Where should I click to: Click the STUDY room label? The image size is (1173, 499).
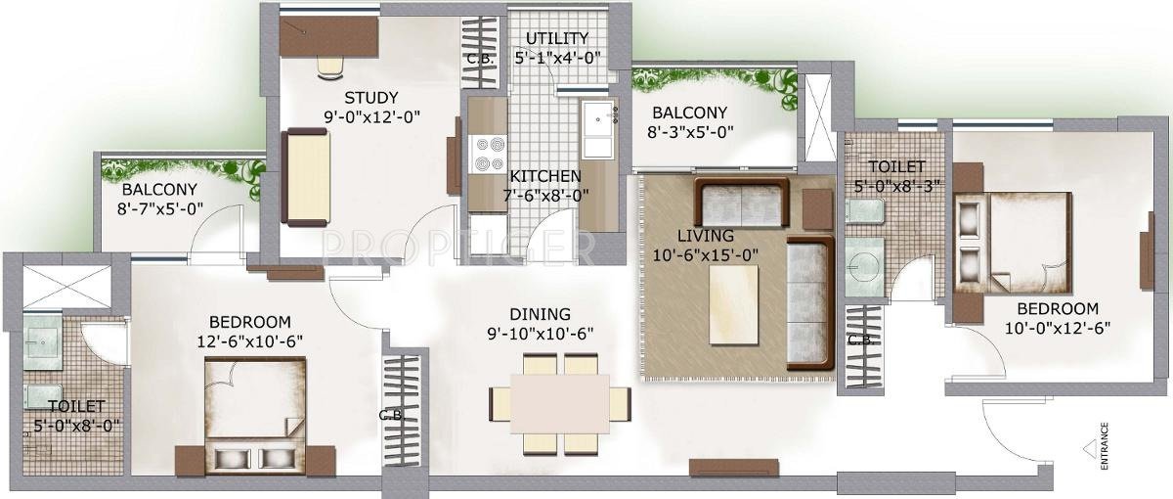pyautogui.click(x=371, y=97)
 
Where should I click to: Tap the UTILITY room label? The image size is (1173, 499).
pyautogui.click(x=556, y=38)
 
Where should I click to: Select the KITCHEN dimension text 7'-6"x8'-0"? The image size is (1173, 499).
pyautogui.click(x=546, y=195)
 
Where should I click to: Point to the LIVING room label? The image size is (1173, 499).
pyautogui.click(x=707, y=235)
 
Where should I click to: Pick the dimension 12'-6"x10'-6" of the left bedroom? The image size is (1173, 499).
pyautogui.click(x=251, y=340)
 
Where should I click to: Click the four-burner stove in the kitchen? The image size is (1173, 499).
pyautogui.click(x=487, y=153)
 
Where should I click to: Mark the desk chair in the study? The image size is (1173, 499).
pyautogui.click(x=329, y=64)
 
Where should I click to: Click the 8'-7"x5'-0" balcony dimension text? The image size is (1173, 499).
pyautogui.click(x=159, y=207)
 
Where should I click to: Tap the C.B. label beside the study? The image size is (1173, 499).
pyautogui.click(x=480, y=57)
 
